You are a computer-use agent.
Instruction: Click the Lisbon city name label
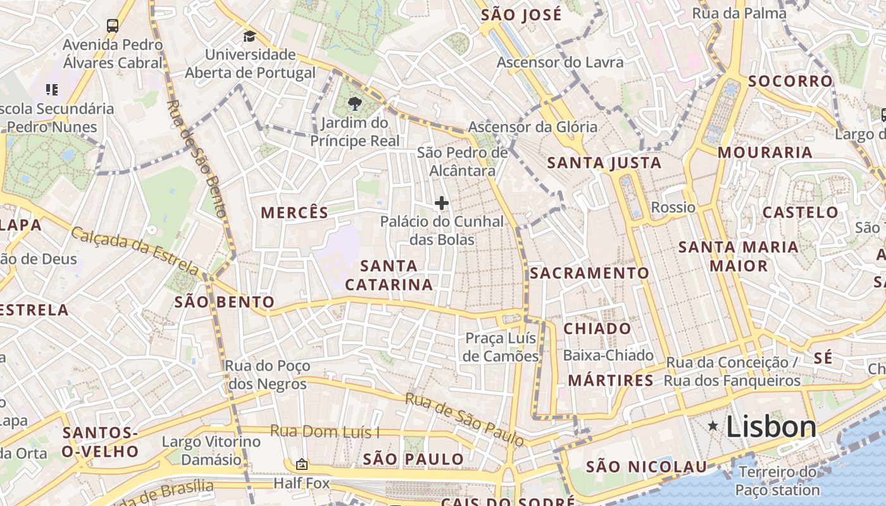(x=771, y=427)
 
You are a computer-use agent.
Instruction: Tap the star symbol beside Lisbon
(x=713, y=426)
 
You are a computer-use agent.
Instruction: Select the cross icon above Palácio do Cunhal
(x=442, y=203)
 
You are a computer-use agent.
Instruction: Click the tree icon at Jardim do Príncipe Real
(x=354, y=103)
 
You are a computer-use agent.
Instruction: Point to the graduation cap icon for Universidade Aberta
(x=249, y=35)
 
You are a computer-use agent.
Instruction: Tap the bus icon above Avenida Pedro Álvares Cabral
(x=113, y=26)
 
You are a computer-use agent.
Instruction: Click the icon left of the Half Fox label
(x=301, y=465)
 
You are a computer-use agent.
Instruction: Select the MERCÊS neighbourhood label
(x=295, y=213)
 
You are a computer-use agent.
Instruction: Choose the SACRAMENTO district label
(x=589, y=273)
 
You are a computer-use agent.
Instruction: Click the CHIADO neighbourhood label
(x=597, y=329)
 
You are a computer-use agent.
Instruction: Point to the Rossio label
(x=673, y=207)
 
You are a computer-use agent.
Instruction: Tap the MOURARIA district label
(x=764, y=152)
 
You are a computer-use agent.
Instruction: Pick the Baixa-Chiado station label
(x=608, y=355)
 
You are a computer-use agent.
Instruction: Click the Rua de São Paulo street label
(x=464, y=419)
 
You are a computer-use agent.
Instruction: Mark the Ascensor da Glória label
(x=532, y=127)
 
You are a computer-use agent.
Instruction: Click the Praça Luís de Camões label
(x=501, y=347)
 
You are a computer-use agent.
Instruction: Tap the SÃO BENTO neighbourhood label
(x=224, y=302)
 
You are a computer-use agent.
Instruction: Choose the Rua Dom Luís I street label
(x=325, y=432)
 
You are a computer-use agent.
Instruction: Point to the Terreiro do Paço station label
(x=778, y=481)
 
